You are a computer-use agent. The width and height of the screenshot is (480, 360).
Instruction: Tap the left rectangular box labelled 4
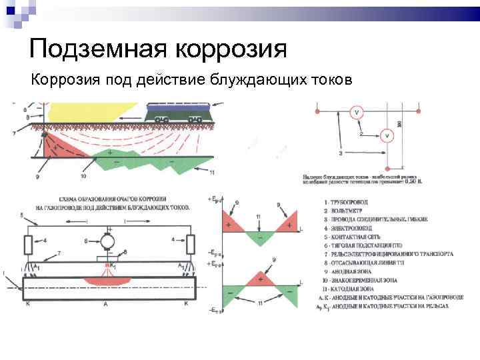[x=28, y=244]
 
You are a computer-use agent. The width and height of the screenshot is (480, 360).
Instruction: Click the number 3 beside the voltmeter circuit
[x=341, y=153]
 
